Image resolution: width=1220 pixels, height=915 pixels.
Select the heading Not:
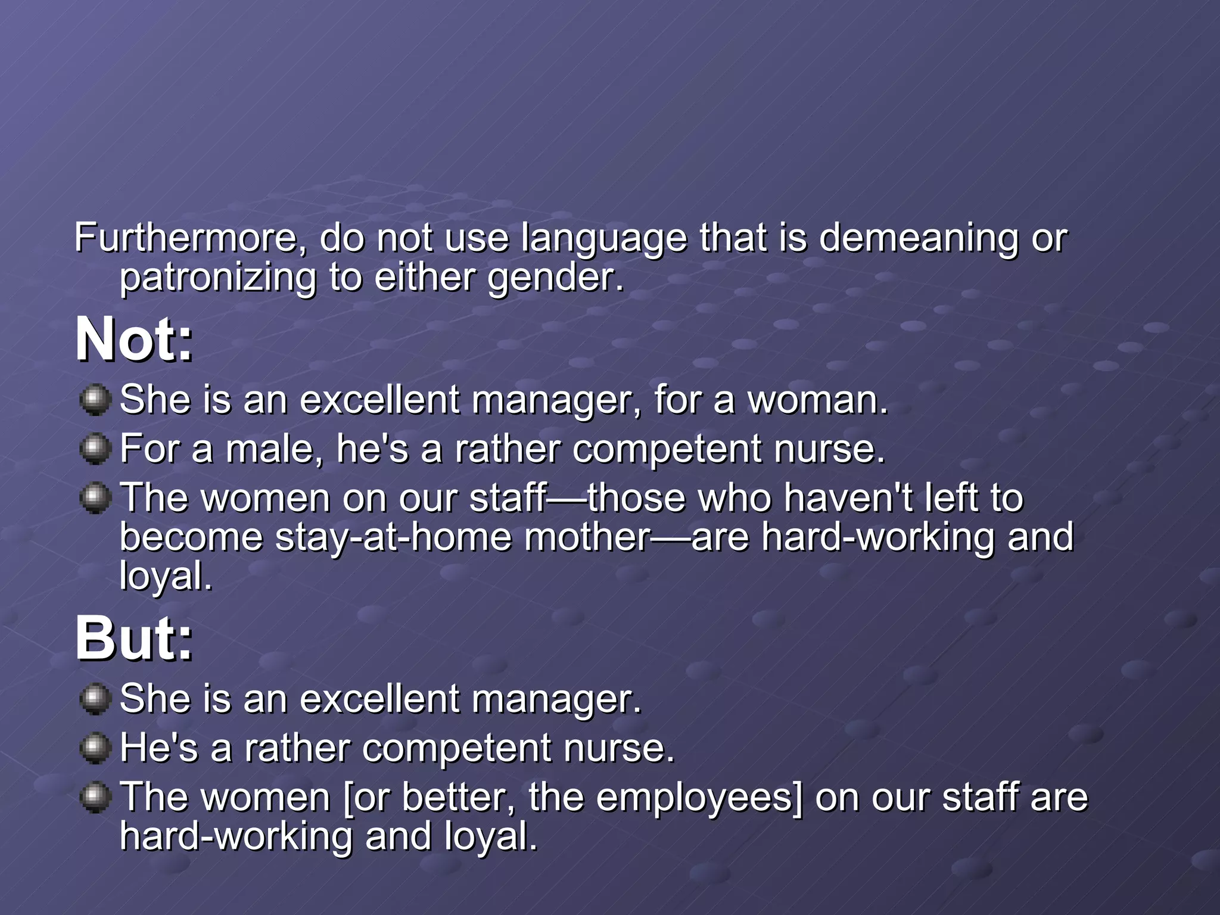click(x=134, y=339)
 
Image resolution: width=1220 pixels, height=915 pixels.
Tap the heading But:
click(x=134, y=639)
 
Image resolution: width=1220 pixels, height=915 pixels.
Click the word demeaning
click(x=918, y=237)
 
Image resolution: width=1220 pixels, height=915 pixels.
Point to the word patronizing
click(x=218, y=278)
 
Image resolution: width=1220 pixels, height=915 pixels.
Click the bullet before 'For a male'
click(x=95, y=449)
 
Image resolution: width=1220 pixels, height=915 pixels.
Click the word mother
click(x=587, y=537)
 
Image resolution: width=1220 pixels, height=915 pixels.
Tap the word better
click(x=459, y=797)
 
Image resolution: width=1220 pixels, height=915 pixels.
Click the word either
click(x=425, y=278)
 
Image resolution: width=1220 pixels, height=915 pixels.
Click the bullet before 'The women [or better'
click(x=95, y=797)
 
